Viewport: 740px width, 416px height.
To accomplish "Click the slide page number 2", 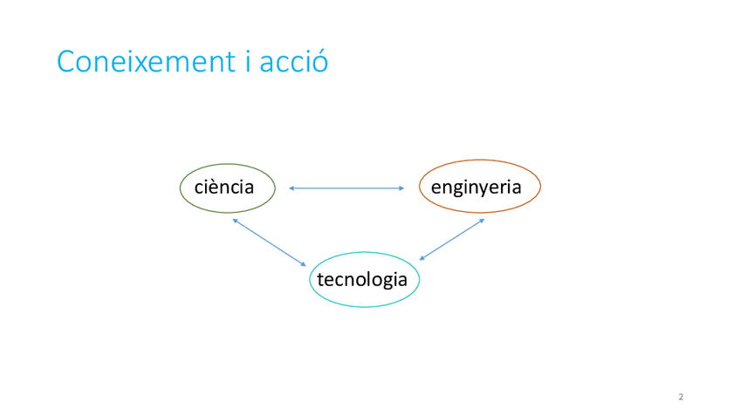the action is point(681,398).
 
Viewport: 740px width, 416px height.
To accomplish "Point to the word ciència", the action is point(224,188).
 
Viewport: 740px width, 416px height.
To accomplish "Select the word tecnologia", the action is point(362,280).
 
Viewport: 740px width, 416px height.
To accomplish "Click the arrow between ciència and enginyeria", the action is point(346,188).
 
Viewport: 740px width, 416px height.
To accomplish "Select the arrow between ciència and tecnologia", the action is point(270,242).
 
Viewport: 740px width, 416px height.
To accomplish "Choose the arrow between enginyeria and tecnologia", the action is point(451,239).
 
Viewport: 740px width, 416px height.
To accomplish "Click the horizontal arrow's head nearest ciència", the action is point(291,188).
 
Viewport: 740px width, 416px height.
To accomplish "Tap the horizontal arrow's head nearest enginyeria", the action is point(401,188).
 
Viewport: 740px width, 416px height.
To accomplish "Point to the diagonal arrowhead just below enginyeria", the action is point(482,220).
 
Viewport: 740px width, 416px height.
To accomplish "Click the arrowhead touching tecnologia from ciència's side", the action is point(304,263).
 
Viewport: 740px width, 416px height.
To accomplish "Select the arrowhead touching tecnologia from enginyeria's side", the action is point(422,258).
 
